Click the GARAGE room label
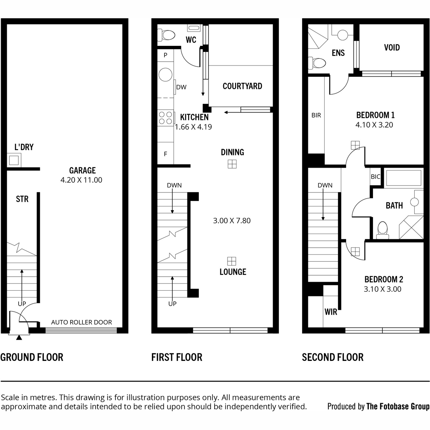tap(82, 171)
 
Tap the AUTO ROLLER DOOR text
tap(81, 322)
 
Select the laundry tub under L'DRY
tap(14, 160)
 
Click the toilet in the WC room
tap(166, 35)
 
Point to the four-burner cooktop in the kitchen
tap(166, 118)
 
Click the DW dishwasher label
tap(181, 87)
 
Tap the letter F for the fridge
tap(165, 154)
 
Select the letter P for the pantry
tap(165, 55)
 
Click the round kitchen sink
tap(165, 75)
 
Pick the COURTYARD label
tap(242, 86)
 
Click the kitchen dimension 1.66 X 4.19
tap(193, 127)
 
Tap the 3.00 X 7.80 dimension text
tap(232, 221)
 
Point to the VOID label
tap(392, 48)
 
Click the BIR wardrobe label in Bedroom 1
tap(316, 115)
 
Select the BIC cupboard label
tap(375, 177)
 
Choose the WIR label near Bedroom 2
tap(331, 312)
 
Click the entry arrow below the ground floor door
tap(19, 338)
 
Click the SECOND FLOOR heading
tap(333, 357)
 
